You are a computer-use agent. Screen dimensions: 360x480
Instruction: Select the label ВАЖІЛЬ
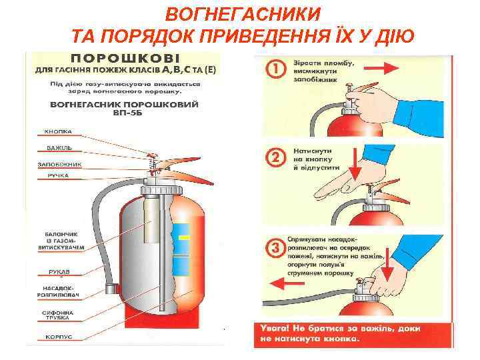point(59,147)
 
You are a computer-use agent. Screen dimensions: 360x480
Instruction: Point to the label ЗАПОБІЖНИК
point(59,163)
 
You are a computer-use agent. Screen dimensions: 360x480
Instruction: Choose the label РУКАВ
point(59,272)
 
